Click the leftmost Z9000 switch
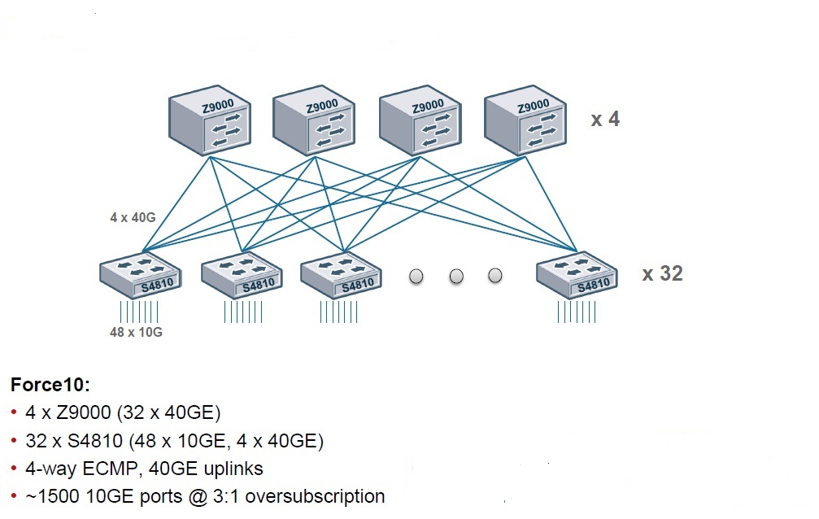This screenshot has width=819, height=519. [x=209, y=123]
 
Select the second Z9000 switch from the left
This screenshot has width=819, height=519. [x=314, y=122]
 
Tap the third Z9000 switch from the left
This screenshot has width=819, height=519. [x=420, y=122]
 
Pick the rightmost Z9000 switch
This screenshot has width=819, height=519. [x=525, y=122]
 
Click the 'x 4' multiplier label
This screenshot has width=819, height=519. [x=604, y=120]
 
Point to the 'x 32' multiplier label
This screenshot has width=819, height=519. [x=662, y=273]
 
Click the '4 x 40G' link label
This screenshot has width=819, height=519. [x=132, y=217]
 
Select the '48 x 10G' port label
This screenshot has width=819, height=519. [x=136, y=332]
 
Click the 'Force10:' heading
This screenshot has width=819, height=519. [x=50, y=386]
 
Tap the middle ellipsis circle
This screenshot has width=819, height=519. [x=455, y=277]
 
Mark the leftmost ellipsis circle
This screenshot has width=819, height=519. [x=416, y=277]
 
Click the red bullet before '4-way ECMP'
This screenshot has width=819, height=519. [x=15, y=469]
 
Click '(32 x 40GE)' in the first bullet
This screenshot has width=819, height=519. [x=168, y=413]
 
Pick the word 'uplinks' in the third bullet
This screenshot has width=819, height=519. [x=234, y=469]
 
